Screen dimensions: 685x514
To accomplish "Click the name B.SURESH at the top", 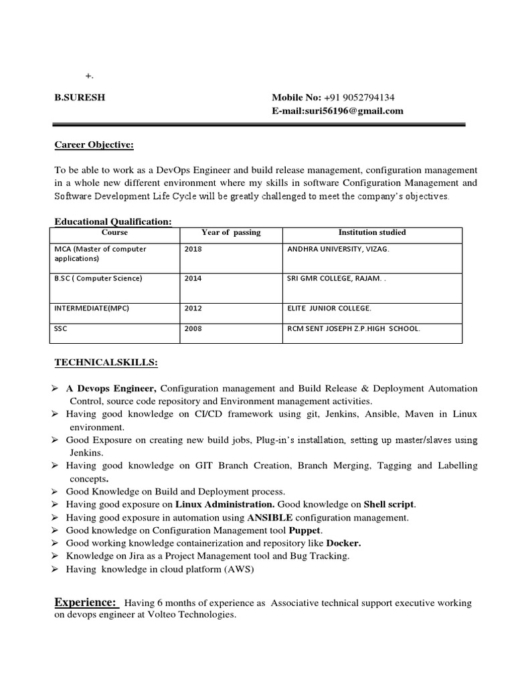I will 80,96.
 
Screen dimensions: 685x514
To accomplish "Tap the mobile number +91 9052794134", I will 359,96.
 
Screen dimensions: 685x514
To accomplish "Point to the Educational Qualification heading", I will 113,221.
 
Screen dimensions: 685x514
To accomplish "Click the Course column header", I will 114,233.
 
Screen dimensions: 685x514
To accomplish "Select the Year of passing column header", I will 231,233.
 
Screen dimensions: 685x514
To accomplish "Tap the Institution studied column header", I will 372,233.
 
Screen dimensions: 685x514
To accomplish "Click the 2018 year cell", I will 193,249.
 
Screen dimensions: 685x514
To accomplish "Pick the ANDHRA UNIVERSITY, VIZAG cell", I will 337,249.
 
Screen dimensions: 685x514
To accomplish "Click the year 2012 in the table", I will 193,308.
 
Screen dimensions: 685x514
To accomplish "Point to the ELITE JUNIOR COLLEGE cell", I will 329,308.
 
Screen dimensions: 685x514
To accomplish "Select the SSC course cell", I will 62,328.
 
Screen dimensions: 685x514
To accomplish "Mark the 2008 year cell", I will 193,328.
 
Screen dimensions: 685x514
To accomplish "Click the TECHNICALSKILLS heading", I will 106,363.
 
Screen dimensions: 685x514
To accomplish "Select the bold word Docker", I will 343,543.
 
